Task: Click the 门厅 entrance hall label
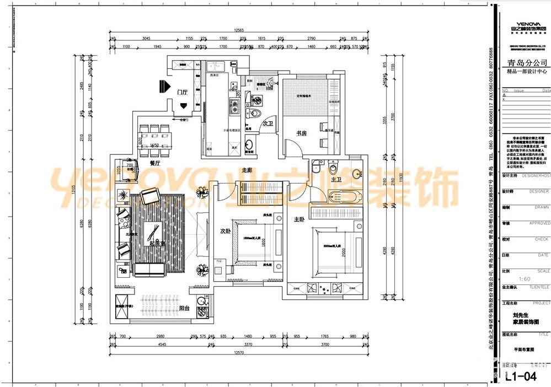pyautogui.click(x=183, y=92)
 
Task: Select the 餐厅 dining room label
pyautogui.click(x=155, y=163)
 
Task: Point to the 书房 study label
pyautogui.click(x=301, y=133)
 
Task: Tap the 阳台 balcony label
pyautogui.click(x=184, y=308)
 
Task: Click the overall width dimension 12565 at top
pyautogui.click(x=239, y=30)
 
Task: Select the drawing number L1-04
pyautogui.click(x=521, y=377)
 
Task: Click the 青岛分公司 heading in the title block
pyautogui.click(x=524, y=62)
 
